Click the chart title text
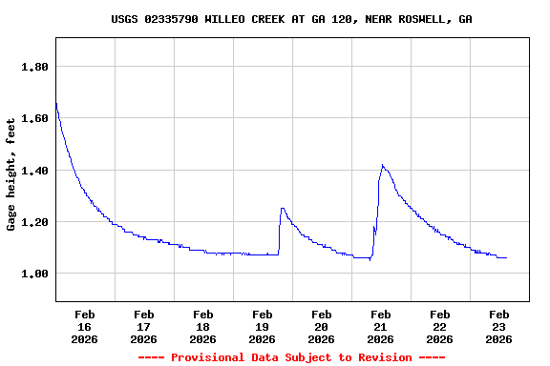point(291,19)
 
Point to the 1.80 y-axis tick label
point(34,67)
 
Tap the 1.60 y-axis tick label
point(34,119)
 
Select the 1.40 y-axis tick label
point(34,171)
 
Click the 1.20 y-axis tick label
point(34,222)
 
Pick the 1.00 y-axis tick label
point(34,274)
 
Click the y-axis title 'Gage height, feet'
point(11,174)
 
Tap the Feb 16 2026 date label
point(84,326)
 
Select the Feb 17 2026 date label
point(143,326)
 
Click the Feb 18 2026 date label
point(202,326)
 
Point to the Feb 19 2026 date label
point(262,326)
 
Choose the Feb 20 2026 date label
point(321,326)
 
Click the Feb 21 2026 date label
point(380,326)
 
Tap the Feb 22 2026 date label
point(439,326)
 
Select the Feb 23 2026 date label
point(498,326)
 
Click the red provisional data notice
point(291,357)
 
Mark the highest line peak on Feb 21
point(382,165)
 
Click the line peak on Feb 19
point(282,208)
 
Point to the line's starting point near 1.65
point(56,103)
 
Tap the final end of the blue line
point(506,257)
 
